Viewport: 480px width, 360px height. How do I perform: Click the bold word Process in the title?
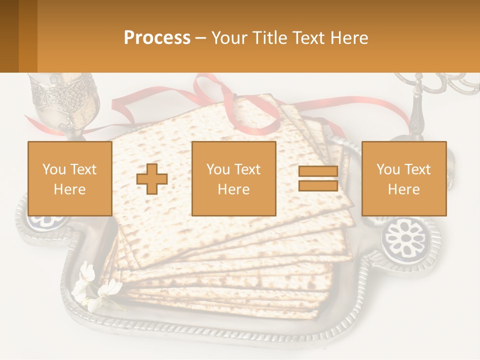157,38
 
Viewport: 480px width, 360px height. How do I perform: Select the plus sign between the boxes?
152,179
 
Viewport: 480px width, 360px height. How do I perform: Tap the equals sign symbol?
318,179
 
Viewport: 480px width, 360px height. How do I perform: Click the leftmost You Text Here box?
69,179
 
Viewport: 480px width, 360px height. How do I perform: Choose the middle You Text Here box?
233,179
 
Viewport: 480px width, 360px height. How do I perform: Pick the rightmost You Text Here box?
403,179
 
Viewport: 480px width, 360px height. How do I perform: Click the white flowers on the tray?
95,287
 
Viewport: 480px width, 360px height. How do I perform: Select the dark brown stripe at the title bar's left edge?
9,36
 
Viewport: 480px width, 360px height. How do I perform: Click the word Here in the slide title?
348,38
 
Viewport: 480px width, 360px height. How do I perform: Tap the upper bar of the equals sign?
318,171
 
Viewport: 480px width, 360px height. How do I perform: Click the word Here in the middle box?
233,189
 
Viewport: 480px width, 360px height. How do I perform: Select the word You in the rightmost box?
387,169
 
